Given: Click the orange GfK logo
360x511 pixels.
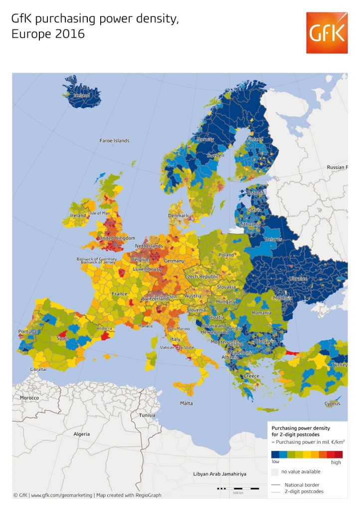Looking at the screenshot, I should (327, 33).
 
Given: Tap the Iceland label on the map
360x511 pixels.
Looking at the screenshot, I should (82, 95).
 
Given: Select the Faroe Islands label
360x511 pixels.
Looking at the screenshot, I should (114, 141).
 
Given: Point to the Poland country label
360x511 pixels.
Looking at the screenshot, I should (226, 255).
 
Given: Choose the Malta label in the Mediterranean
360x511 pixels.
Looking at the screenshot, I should (186, 403).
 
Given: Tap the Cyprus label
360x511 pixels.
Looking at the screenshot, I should (332, 404).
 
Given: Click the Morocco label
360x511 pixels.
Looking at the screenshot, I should (29, 398).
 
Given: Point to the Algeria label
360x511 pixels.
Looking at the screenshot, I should (82, 434).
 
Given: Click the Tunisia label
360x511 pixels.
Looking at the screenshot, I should (147, 415).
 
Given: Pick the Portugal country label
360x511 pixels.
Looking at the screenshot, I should (28, 331).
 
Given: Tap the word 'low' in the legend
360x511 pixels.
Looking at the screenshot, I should (275, 462).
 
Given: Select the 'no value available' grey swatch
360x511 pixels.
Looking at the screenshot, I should (275, 472).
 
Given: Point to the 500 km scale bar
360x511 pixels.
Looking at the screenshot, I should (238, 488).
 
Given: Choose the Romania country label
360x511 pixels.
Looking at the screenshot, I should (261, 312).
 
